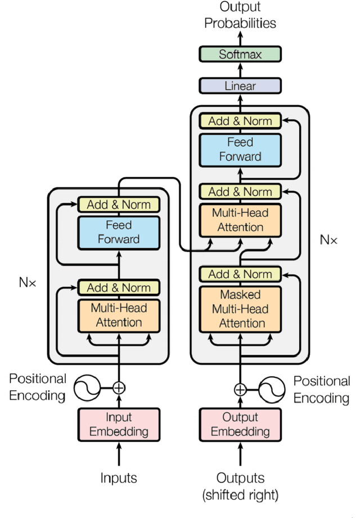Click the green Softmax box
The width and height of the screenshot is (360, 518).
[x=240, y=55]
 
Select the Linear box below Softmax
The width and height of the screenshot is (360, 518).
[x=240, y=86]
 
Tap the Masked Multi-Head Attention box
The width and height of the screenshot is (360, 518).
[x=240, y=309]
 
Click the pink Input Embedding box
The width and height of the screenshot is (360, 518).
[x=119, y=425]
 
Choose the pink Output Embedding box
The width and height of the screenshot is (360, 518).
[x=240, y=425]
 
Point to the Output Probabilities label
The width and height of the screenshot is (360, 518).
[x=240, y=16]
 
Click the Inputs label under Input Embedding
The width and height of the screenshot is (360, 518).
[x=119, y=478]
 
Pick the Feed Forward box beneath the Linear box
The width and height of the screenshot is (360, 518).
[x=240, y=150]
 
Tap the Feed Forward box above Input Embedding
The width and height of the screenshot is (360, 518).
[x=119, y=232]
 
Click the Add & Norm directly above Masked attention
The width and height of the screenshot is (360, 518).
[x=240, y=274]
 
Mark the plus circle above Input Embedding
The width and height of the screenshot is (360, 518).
[x=119, y=387]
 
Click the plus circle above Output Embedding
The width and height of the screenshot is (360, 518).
[x=240, y=388]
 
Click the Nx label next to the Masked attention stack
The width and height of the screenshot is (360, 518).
[x=328, y=239]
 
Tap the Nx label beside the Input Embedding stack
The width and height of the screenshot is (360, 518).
[x=27, y=282]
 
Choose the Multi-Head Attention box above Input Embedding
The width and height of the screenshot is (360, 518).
[x=119, y=315]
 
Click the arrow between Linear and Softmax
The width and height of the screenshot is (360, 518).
[x=240, y=70]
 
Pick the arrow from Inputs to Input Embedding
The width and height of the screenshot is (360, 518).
[x=119, y=454]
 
